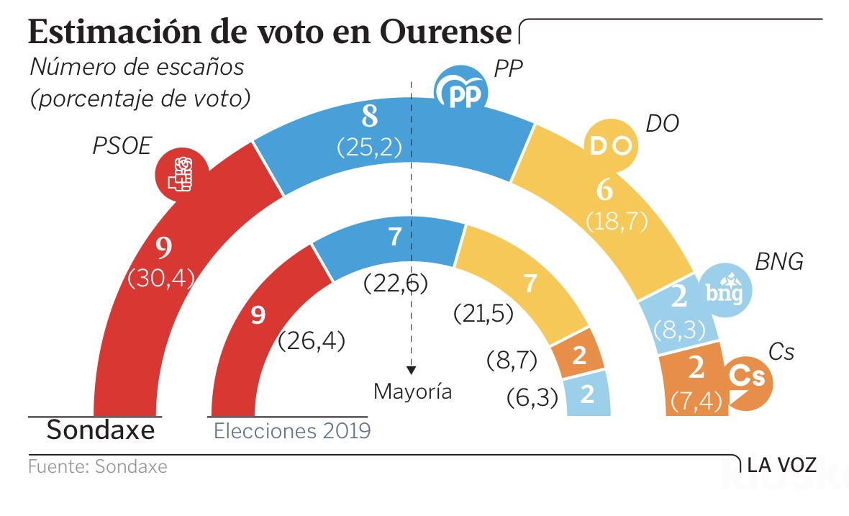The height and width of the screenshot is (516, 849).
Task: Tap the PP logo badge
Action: pyautogui.click(x=460, y=91)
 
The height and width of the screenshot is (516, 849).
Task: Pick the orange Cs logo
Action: pyautogui.click(x=748, y=379)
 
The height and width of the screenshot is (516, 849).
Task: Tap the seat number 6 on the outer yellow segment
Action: pyautogui.click(x=605, y=191)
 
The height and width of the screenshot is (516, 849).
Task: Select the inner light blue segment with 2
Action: pyautogui.click(x=587, y=394)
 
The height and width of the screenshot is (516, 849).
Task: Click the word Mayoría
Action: pyautogui.click(x=413, y=392)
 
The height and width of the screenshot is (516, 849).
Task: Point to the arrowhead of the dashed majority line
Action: pyautogui.click(x=411, y=370)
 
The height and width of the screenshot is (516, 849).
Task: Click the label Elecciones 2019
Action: pyautogui.click(x=292, y=431)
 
